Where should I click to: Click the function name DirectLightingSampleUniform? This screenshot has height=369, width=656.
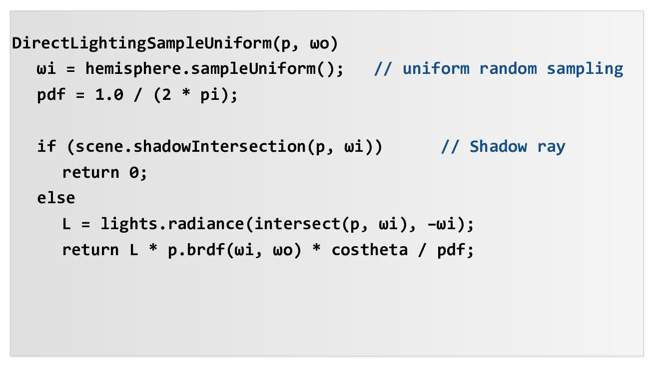point(142,43)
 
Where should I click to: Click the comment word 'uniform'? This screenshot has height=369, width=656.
point(436,68)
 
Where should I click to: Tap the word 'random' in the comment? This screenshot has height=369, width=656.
point(508,68)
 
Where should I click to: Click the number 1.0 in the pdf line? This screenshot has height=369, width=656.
point(109,95)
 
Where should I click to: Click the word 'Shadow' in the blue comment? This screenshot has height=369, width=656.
point(498,147)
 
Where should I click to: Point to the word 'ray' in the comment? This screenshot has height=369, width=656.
point(551,147)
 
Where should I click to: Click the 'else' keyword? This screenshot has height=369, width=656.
point(56,198)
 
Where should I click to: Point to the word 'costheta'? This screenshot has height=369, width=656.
point(370,250)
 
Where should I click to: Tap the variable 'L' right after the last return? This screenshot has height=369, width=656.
point(133,250)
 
